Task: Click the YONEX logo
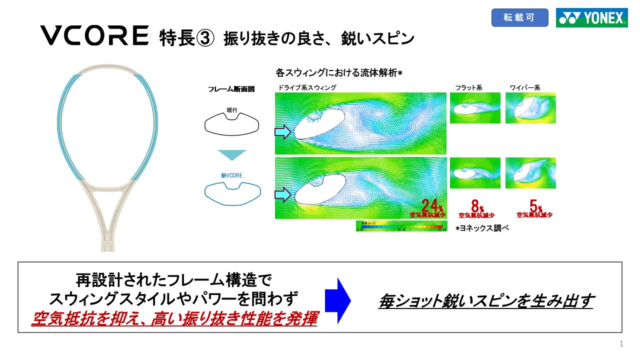(591, 18)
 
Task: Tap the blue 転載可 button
(519, 18)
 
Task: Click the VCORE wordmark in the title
(94, 36)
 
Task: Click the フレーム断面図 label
(231, 89)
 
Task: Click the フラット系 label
(468, 87)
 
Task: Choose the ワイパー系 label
(525, 87)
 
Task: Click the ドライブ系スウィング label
(306, 87)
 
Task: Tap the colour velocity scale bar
(400, 226)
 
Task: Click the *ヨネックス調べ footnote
(481, 228)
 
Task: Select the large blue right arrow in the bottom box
(337, 300)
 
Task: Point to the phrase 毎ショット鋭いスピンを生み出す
(485, 300)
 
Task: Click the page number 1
(621, 344)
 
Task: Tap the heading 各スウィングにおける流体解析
(339, 73)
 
